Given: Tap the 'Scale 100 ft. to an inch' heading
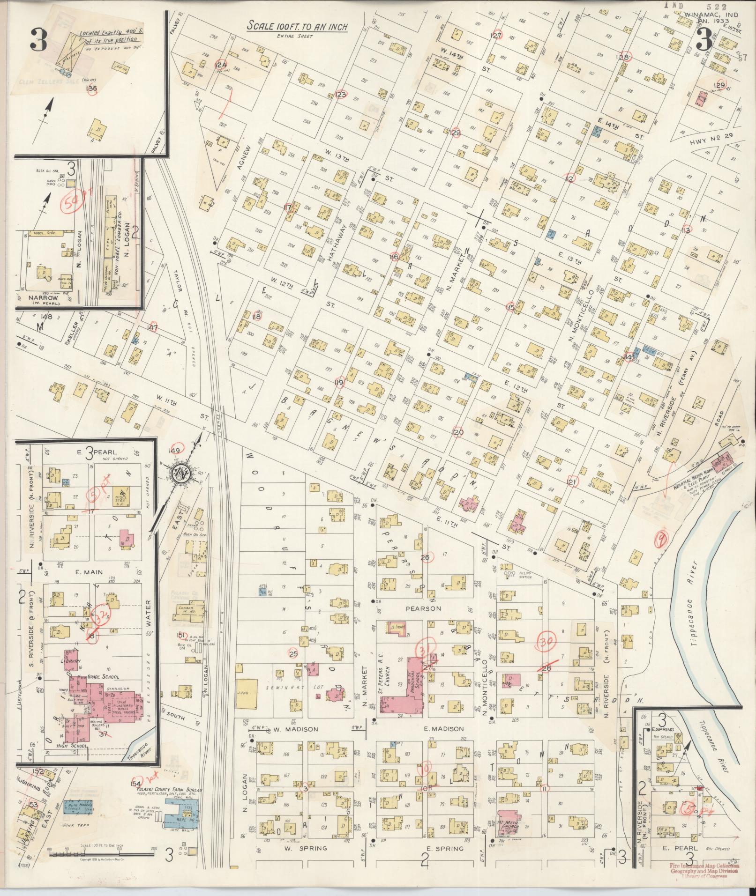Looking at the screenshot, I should (297, 26).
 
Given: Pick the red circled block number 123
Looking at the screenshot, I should (341, 95).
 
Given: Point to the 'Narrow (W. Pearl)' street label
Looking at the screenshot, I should (42, 298).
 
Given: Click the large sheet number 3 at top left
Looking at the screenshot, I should (38, 41).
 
